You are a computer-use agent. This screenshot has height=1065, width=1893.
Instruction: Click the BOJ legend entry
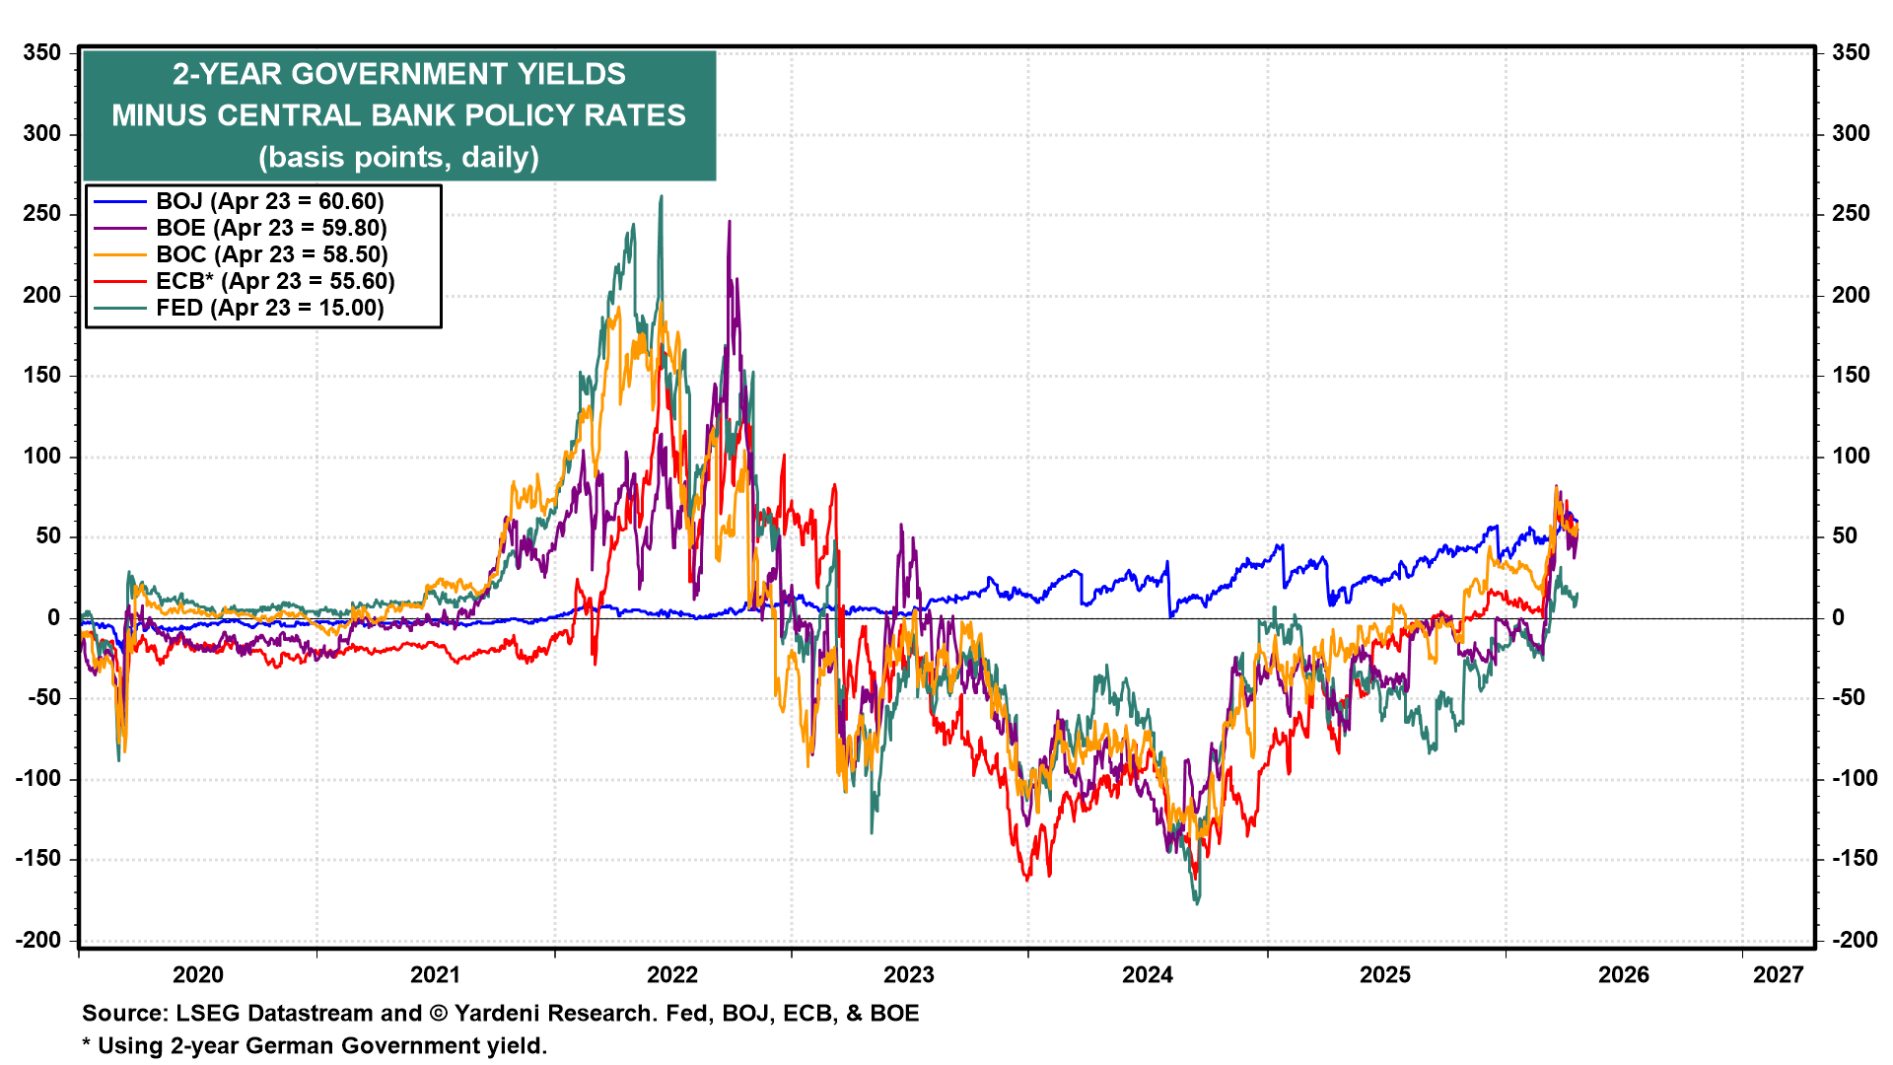click(269, 201)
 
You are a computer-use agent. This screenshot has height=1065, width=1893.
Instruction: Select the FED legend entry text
click(269, 308)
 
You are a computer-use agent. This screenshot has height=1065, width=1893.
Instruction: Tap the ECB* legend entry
click(275, 281)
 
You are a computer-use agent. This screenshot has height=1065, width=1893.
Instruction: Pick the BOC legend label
click(271, 254)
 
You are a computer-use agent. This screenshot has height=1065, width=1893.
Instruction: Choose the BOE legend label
click(271, 228)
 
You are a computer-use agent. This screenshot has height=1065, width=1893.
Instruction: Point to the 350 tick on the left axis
click(42, 52)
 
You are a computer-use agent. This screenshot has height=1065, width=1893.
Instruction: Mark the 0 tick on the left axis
click(54, 617)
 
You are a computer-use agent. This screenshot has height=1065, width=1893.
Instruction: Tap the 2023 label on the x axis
click(908, 975)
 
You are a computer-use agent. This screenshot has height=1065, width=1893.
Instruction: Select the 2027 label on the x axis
click(1778, 975)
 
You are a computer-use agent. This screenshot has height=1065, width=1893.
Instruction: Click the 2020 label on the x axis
click(198, 975)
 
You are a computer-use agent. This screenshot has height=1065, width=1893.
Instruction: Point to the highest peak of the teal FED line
click(661, 197)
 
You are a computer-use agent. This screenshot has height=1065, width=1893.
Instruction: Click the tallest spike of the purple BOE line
click(729, 222)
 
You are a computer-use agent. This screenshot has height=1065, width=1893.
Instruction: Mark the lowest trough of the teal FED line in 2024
click(1198, 902)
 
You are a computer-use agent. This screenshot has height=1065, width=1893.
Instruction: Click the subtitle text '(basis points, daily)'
click(398, 157)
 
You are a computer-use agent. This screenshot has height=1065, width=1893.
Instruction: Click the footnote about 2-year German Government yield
click(315, 1045)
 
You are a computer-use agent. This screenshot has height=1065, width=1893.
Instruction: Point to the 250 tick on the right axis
click(1850, 214)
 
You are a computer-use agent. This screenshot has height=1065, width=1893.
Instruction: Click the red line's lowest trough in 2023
click(1027, 879)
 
